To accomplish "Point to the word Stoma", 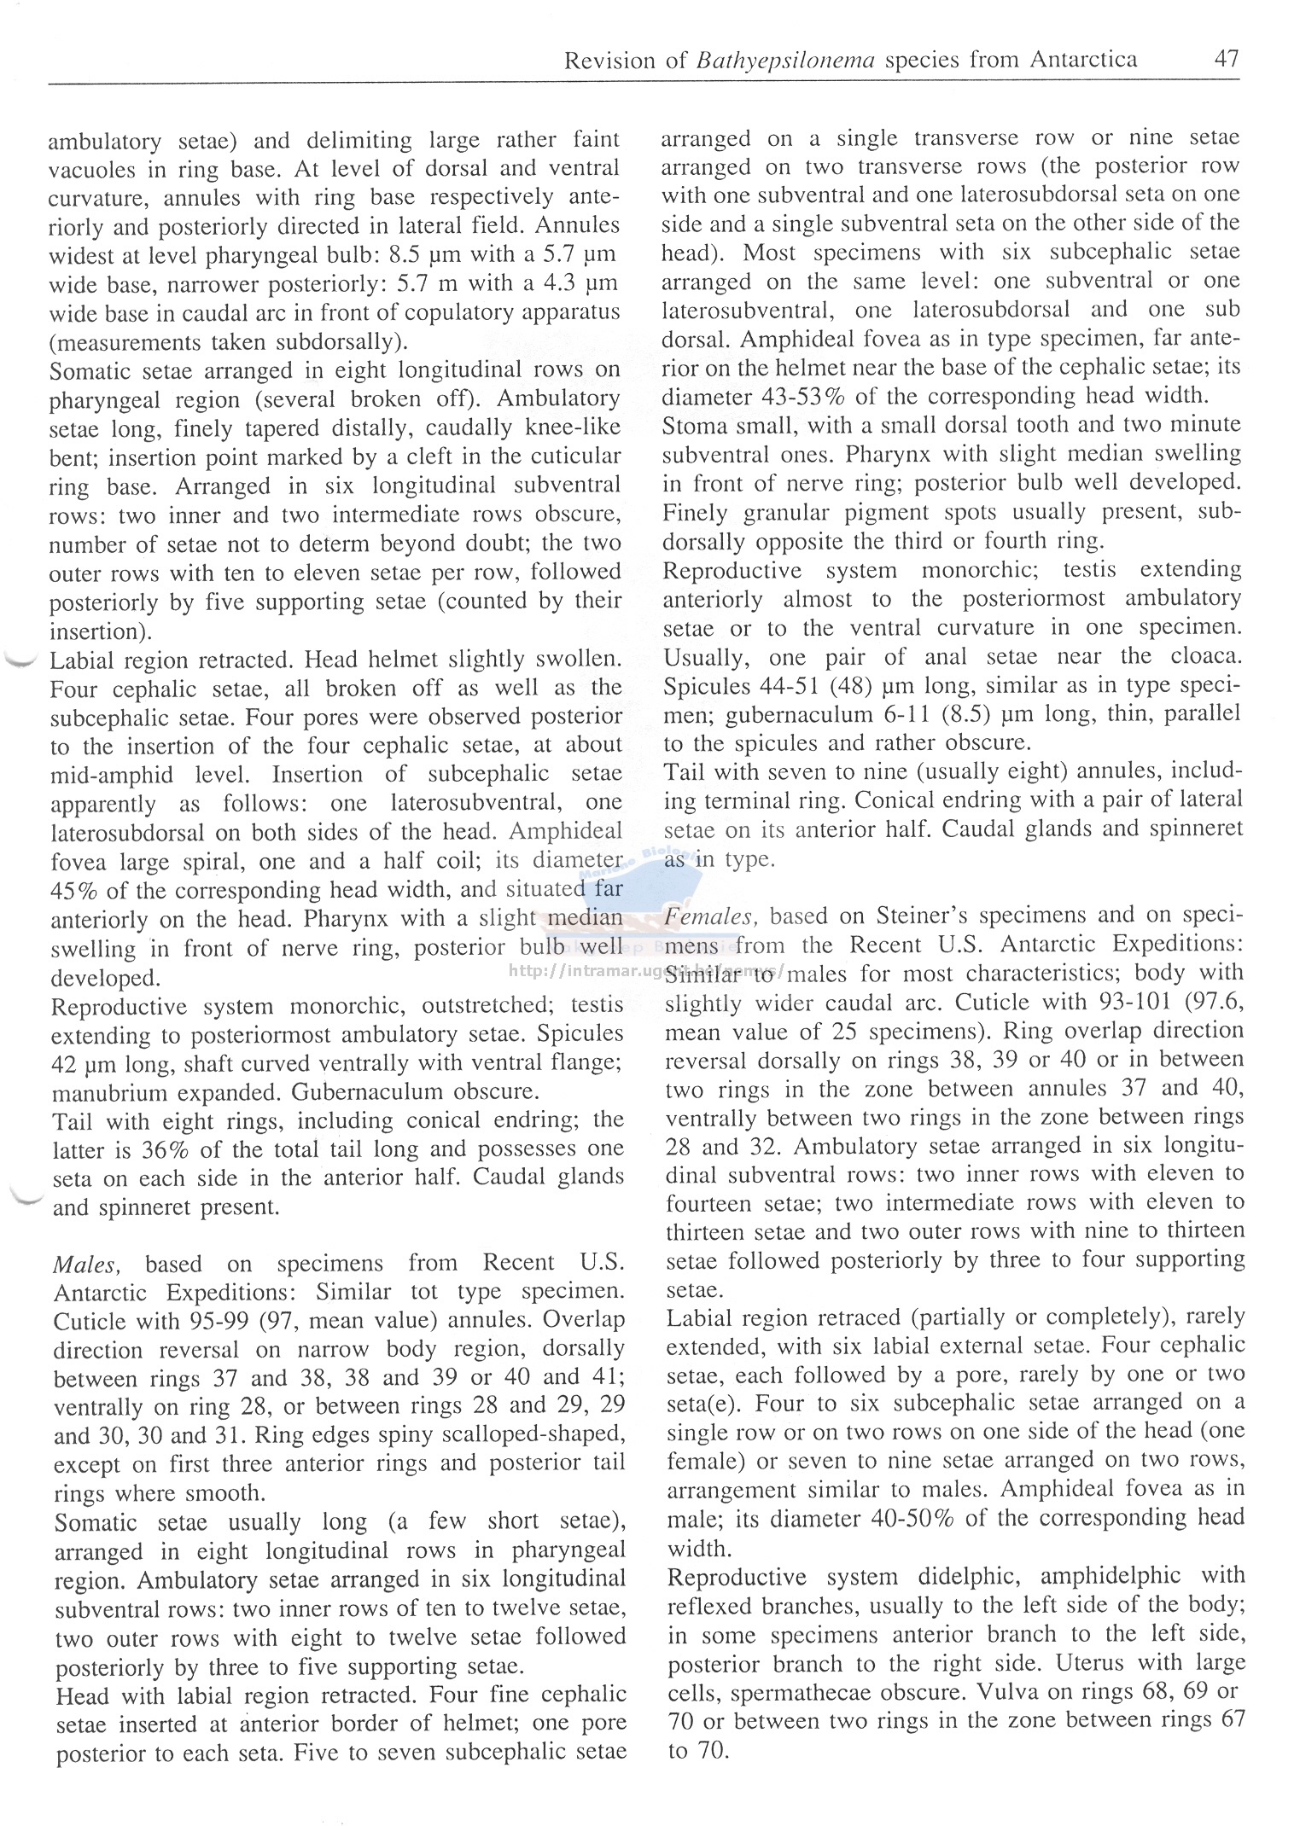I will coord(696,425).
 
